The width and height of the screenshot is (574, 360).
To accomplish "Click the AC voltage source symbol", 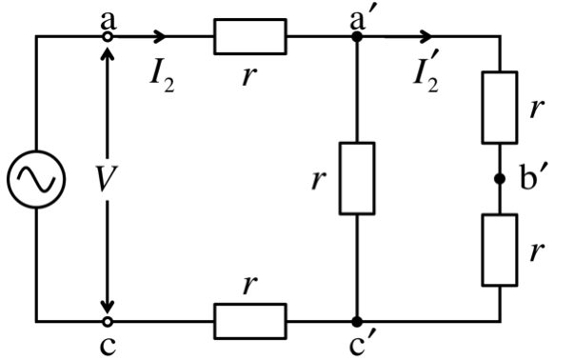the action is [36, 179].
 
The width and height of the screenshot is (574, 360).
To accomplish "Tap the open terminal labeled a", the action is [108, 36].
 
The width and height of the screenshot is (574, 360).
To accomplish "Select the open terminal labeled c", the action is [108, 322].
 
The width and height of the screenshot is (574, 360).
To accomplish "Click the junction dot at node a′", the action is [357, 36].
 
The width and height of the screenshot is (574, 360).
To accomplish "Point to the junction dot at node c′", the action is [357, 322].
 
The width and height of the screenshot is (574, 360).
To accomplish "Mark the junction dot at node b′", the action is [500, 179].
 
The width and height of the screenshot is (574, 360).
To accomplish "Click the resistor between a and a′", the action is [250, 36].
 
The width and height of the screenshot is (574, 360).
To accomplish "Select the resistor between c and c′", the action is [250, 322].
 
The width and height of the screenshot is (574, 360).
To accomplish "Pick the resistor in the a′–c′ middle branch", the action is [357, 178].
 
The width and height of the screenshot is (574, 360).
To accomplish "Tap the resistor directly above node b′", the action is [500, 108].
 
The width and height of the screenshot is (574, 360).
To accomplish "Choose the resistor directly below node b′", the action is [500, 250].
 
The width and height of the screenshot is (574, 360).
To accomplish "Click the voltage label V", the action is [107, 179].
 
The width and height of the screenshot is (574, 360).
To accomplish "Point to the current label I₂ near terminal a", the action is [163, 79].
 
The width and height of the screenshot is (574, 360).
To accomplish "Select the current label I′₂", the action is [426, 76].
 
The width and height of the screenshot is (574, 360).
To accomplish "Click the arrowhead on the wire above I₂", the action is [160, 36].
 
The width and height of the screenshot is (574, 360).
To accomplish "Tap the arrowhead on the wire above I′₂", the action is [426, 36].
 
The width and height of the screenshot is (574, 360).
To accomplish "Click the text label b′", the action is [533, 178].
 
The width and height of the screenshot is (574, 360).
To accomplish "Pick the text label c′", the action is [363, 345].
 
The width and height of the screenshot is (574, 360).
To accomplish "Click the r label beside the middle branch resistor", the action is [319, 179].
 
